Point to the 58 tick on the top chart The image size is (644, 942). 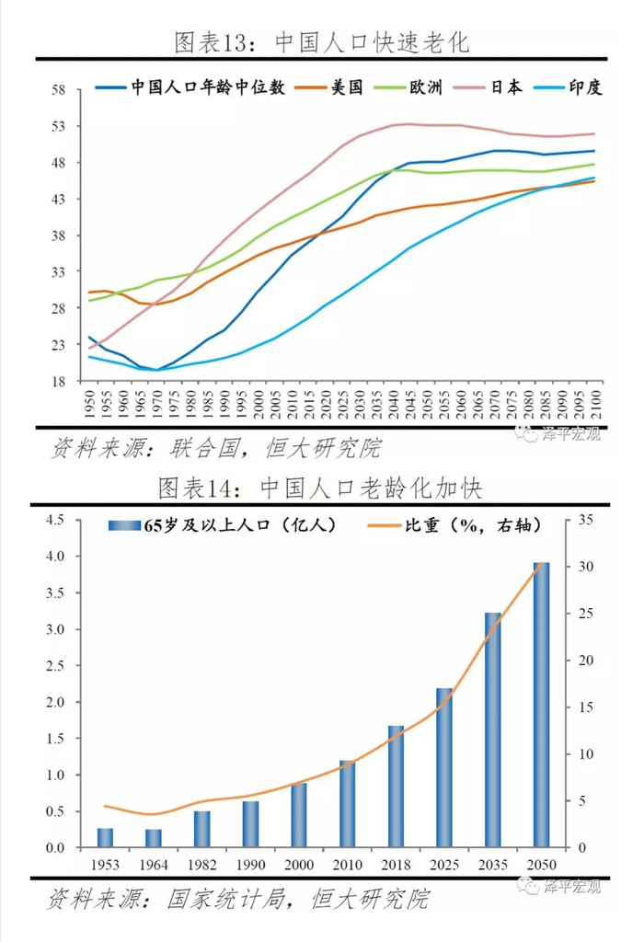click(x=60, y=90)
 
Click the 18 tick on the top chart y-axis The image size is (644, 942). click(x=60, y=382)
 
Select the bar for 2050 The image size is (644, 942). click(x=541, y=705)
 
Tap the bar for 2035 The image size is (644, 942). click(x=492, y=730)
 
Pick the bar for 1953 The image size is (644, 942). click(x=105, y=838)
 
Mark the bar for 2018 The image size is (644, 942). click(x=396, y=787)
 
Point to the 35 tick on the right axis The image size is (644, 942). click(x=588, y=521)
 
